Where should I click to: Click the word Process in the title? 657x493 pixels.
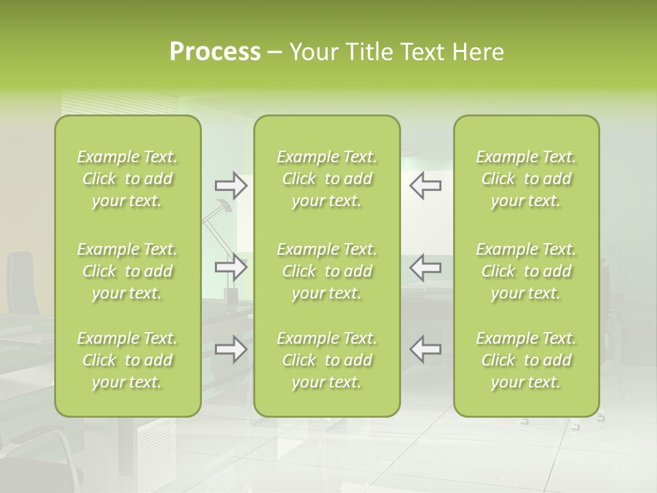click(215, 52)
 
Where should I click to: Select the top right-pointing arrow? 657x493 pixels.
click(231, 186)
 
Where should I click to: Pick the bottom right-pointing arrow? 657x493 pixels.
click(231, 349)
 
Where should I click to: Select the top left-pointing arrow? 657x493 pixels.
click(425, 186)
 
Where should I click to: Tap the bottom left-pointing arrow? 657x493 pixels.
click(425, 349)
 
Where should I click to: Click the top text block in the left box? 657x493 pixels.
click(127, 179)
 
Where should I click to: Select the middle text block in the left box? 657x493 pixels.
click(127, 271)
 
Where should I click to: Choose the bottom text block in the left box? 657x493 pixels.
click(127, 360)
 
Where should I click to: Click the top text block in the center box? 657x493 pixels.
click(326, 179)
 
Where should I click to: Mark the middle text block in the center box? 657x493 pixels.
click(326, 271)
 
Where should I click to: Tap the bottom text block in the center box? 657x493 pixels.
click(326, 360)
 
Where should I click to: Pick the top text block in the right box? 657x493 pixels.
click(526, 179)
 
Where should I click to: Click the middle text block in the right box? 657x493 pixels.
click(526, 271)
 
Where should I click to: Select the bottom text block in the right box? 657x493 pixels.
click(526, 360)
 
